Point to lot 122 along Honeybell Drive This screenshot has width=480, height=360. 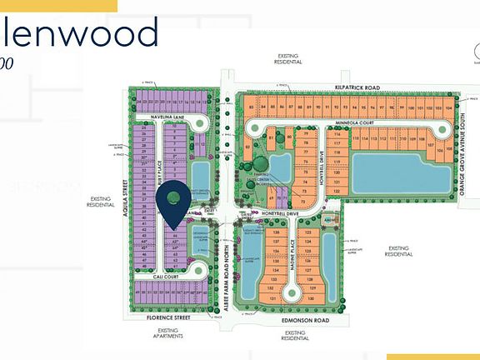click(337, 191)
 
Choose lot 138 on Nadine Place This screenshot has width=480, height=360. click(276, 232)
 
